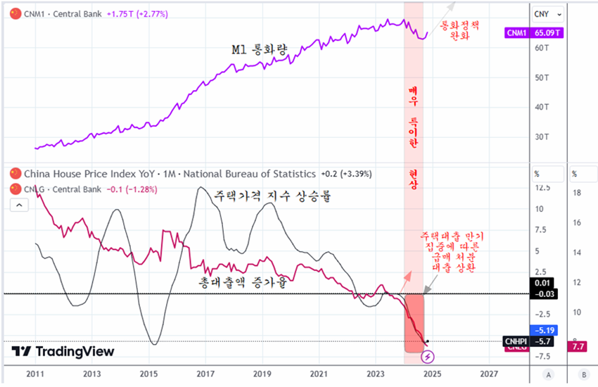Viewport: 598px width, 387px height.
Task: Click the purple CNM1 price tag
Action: pyautogui.click(x=518, y=32)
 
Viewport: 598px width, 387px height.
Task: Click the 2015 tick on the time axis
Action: pyautogui.click(x=148, y=373)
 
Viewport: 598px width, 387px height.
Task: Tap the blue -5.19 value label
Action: pyautogui.click(x=545, y=329)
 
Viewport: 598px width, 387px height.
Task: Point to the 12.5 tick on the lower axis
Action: pyautogui.click(x=542, y=188)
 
